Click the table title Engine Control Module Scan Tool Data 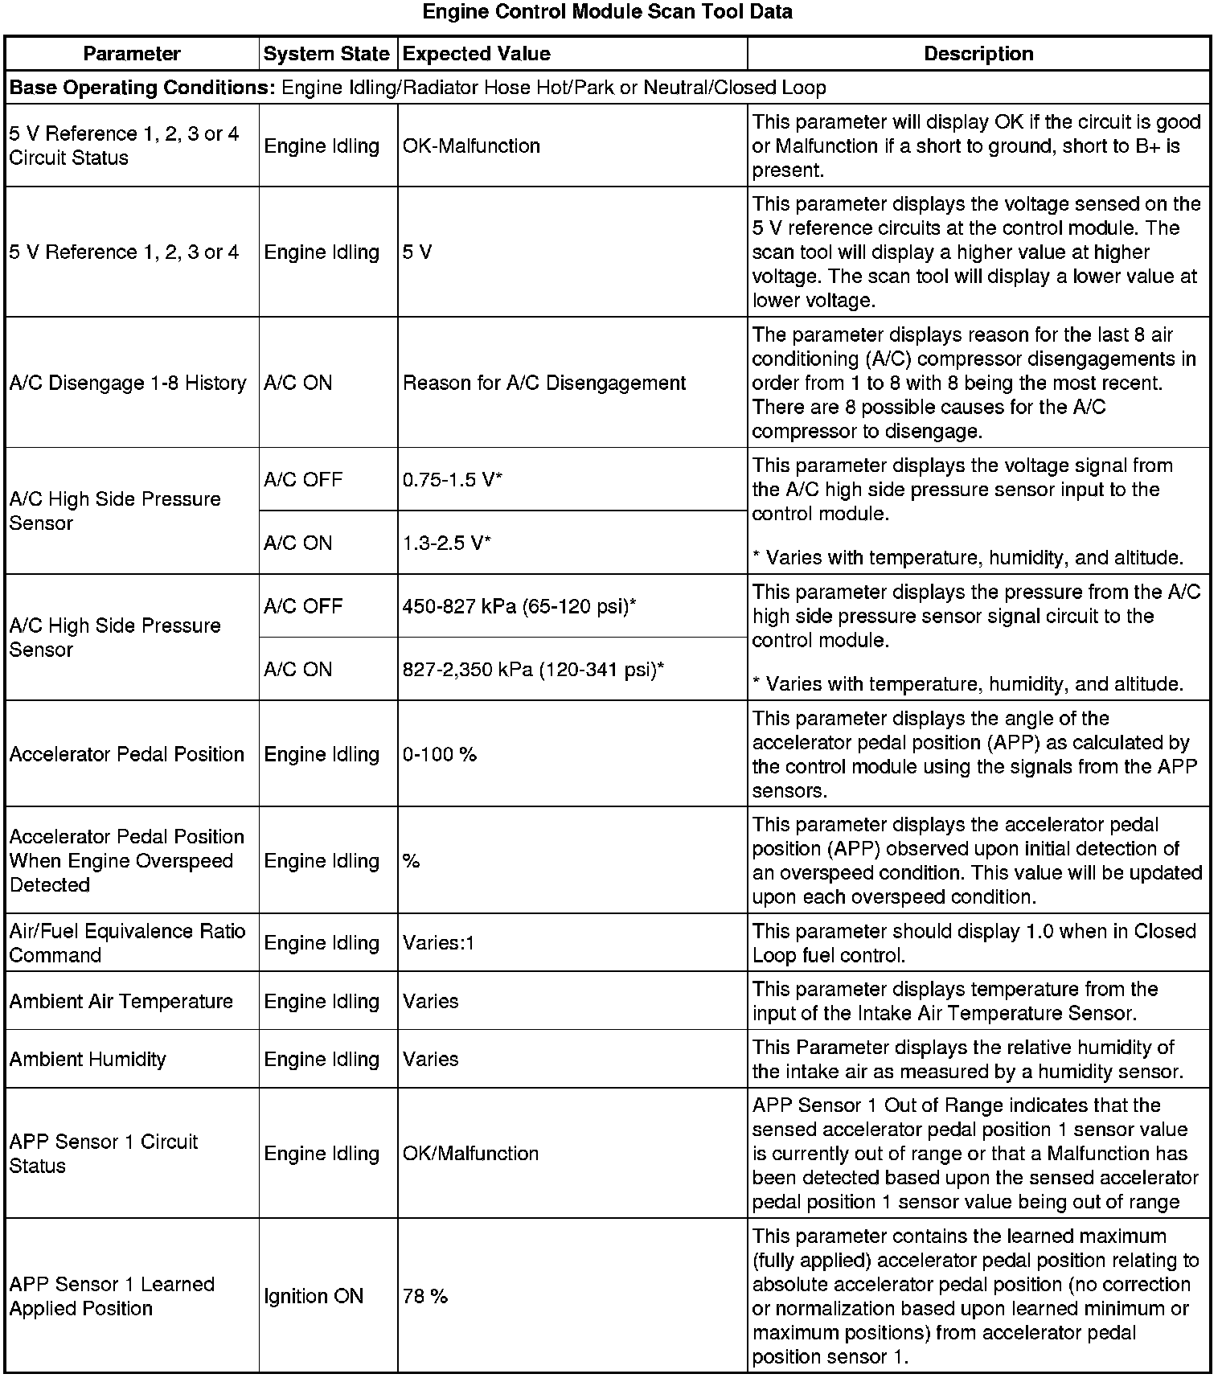pyautogui.click(x=607, y=12)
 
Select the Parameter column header pyautogui.click(x=132, y=54)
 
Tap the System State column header pyautogui.click(x=326, y=54)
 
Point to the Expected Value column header pyautogui.click(x=477, y=54)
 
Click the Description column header pyautogui.click(x=978, y=54)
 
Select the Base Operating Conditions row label pyautogui.click(x=141, y=88)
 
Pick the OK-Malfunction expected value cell pyautogui.click(x=471, y=146)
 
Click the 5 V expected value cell pyautogui.click(x=417, y=252)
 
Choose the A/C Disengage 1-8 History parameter pyautogui.click(x=128, y=383)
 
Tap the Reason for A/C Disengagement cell pyautogui.click(x=544, y=383)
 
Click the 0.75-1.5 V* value pyautogui.click(x=453, y=480)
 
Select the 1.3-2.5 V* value pyautogui.click(x=447, y=543)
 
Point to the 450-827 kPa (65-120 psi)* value pyautogui.click(x=519, y=606)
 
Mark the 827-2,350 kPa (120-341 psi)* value pyautogui.click(x=533, y=670)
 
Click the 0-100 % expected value pyautogui.click(x=440, y=754)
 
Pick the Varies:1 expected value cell pyautogui.click(x=439, y=943)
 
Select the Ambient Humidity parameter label pyautogui.click(x=88, y=1060)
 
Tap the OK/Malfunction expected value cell pyautogui.click(x=471, y=1154)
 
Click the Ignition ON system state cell pyautogui.click(x=314, y=1296)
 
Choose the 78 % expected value pyautogui.click(x=425, y=1296)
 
